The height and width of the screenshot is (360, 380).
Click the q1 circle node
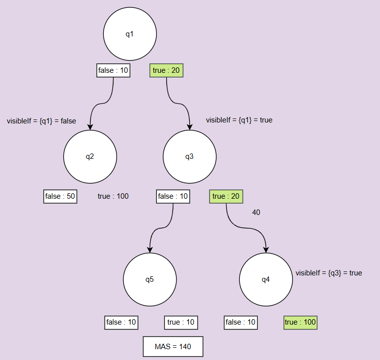tap(130, 34)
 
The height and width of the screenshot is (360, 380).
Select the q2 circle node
tap(90, 157)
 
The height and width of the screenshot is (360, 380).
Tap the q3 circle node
tap(190, 157)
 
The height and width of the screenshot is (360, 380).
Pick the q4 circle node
tap(266, 280)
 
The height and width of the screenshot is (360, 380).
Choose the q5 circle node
tap(150, 280)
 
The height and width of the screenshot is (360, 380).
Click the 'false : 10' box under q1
tap(113, 71)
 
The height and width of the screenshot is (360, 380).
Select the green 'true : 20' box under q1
tap(166, 71)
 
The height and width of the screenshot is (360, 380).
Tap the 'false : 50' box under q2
tap(60, 196)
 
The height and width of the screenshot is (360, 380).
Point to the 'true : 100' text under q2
tap(113, 196)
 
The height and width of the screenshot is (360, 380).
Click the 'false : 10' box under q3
tap(173, 196)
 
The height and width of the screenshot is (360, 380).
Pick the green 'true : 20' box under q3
tap(226, 196)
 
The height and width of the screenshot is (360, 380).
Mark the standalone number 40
tap(256, 212)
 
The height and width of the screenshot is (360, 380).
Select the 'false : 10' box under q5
tap(121, 322)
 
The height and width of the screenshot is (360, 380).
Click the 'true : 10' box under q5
tap(181, 322)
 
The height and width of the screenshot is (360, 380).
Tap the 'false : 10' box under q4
tap(240, 322)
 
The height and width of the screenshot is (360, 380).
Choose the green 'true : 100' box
tap(300, 322)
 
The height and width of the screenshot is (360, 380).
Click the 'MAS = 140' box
tap(173, 347)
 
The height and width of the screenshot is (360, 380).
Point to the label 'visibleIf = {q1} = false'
tap(41, 121)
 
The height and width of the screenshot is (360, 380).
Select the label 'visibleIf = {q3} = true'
tap(328, 272)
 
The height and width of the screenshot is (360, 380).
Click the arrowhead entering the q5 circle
tap(150, 249)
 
